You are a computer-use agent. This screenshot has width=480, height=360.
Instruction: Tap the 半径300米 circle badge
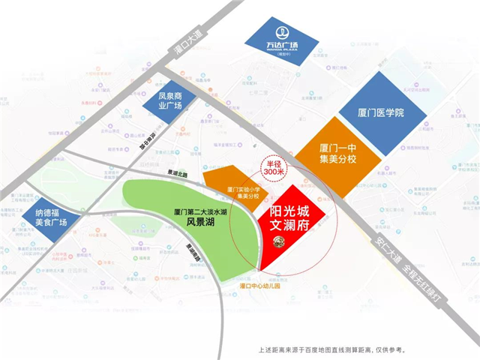pos(271,169)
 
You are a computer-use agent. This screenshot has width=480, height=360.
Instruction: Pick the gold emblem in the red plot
pos(277,241)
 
